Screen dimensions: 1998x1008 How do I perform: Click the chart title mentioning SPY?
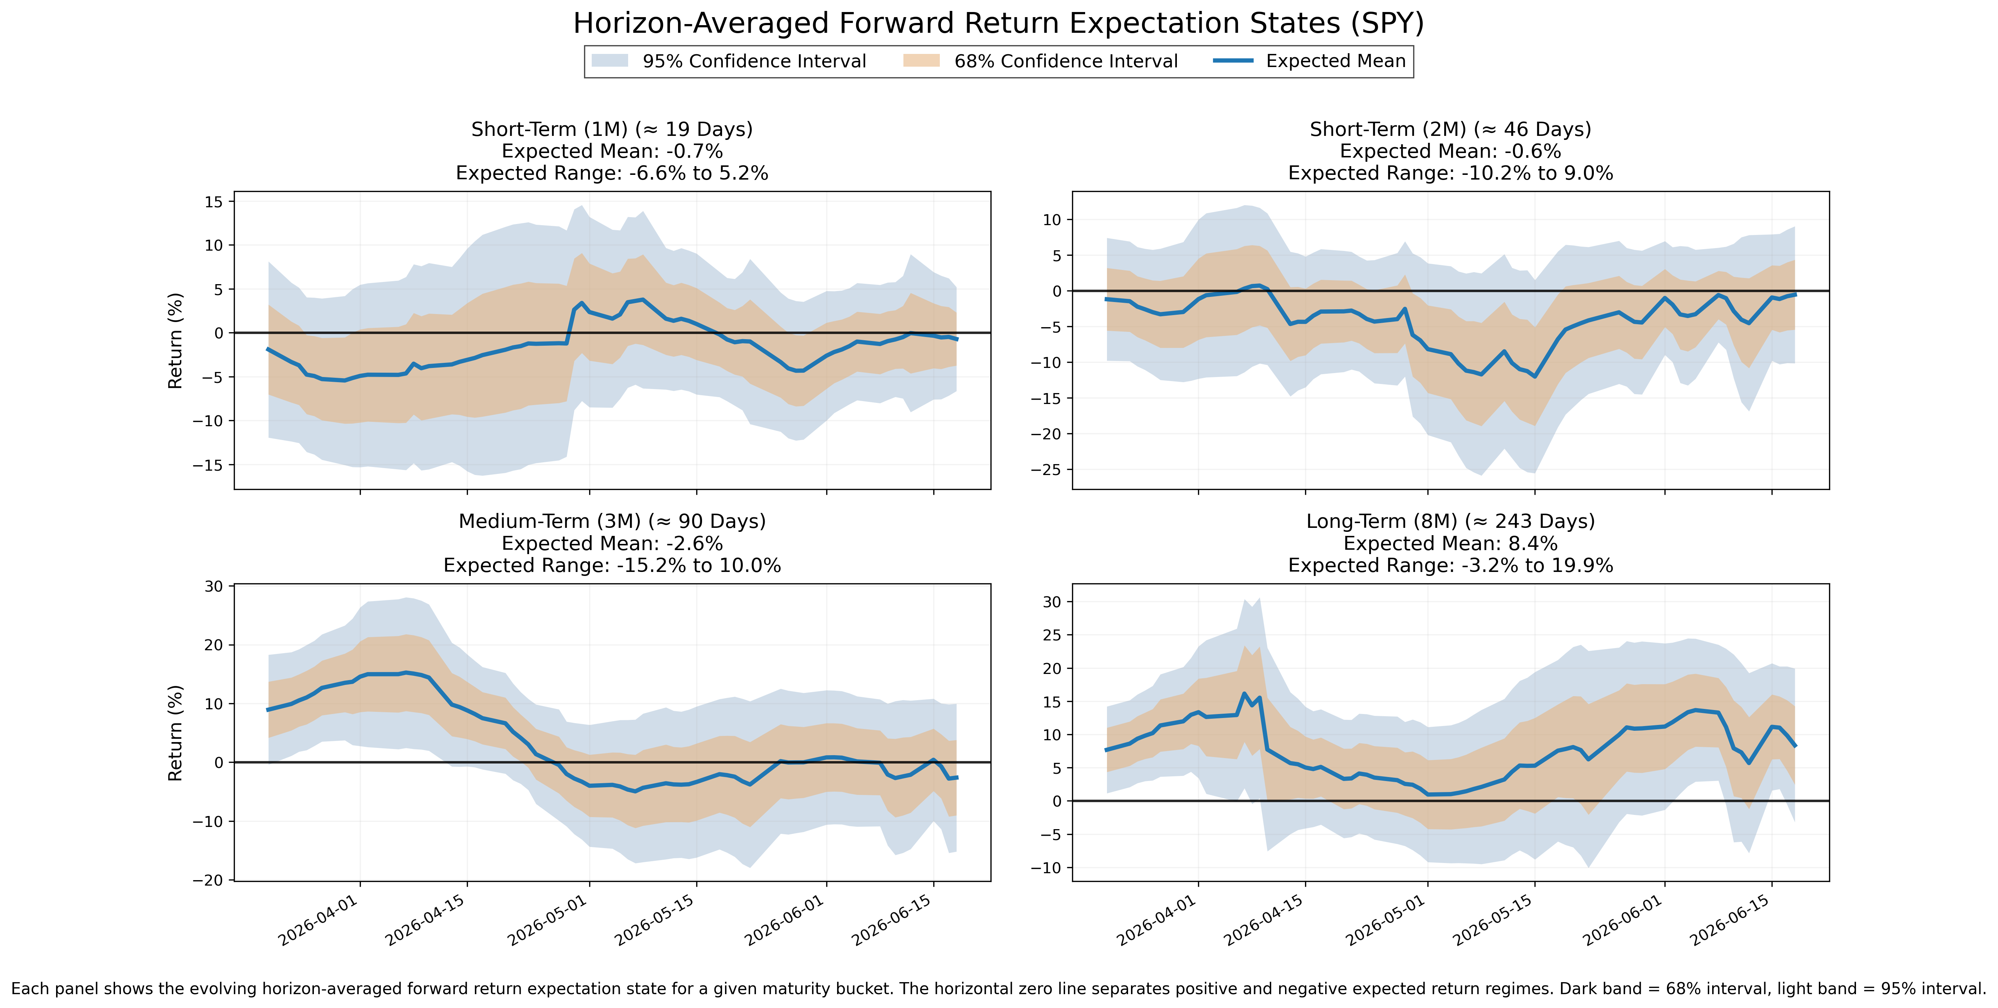999,23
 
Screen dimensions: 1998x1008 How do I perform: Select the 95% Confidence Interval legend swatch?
610,60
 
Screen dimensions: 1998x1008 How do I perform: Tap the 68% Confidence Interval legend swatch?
921,60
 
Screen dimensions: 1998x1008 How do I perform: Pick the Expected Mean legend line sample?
1233,60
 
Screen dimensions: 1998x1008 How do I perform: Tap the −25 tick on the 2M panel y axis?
1045,470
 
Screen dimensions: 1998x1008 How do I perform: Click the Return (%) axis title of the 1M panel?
175,341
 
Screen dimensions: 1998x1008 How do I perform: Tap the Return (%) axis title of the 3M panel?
175,733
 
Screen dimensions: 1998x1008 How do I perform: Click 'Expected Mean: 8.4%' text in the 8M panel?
1450,543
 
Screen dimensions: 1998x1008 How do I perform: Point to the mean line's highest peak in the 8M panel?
1244,694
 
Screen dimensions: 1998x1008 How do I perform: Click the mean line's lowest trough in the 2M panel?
1534,376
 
